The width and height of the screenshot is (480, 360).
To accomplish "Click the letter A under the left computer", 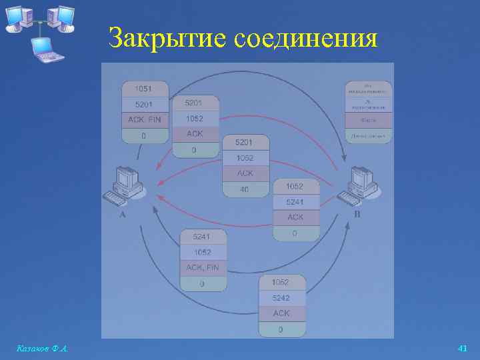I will pyautogui.click(x=122, y=215).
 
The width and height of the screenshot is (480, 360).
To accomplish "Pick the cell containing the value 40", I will pyautogui.click(x=245, y=189).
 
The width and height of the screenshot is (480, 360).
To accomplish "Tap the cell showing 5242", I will pyautogui.click(x=281, y=297).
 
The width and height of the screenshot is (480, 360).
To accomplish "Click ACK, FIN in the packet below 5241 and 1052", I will pyautogui.click(x=203, y=268).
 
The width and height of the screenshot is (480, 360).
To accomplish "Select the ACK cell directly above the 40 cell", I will pyautogui.click(x=245, y=173).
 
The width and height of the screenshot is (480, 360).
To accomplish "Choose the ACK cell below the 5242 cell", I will pyautogui.click(x=281, y=313).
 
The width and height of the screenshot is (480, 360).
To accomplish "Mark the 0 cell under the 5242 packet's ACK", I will pyautogui.click(x=281, y=329).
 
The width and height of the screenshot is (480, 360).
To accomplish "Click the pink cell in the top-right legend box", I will pyautogui.click(x=368, y=120).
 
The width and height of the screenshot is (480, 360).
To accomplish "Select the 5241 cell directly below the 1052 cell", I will pyautogui.click(x=295, y=202).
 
